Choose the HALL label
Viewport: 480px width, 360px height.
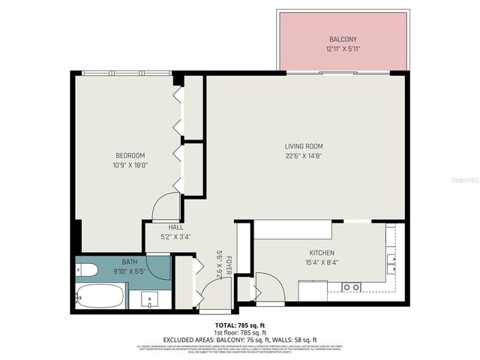coord(175,227)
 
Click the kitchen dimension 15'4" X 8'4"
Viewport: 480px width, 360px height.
coord(321,262)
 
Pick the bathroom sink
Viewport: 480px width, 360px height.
coord(150,299)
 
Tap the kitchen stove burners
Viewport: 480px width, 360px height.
coord(350,287)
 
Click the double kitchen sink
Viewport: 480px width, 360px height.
coord(391,262)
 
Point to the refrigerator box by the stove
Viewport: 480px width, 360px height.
coord(312,289)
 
